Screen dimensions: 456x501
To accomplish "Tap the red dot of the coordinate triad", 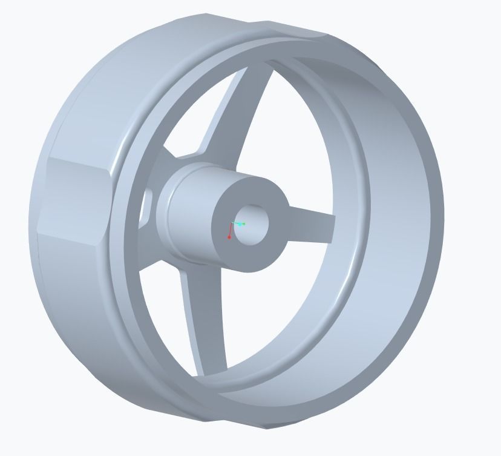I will (x=229, y=237).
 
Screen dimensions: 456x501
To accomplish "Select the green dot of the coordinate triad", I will (x=243, y=224).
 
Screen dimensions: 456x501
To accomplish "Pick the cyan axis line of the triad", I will (x=237, y=223).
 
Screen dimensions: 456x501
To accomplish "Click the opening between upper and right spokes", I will (x=303, y=139).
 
